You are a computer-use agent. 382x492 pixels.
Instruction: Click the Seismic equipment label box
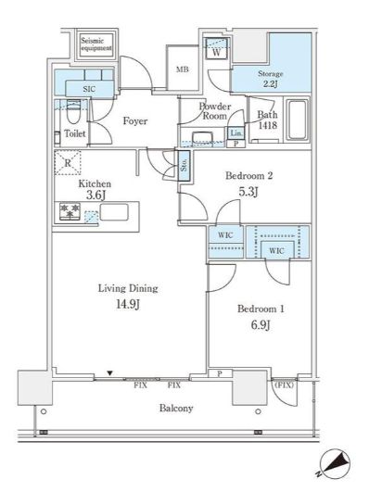tap(96, 44)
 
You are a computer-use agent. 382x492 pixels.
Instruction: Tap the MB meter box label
tap(183, 69)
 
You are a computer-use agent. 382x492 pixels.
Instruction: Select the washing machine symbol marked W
tap(217, 48)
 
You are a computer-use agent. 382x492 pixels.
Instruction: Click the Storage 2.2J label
tap(270, 79)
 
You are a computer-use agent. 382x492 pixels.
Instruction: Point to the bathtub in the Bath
tap(297, 120)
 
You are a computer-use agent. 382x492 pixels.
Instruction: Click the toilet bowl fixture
tap(74, 113)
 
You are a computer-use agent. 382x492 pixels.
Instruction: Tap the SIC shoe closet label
tap(89, 89)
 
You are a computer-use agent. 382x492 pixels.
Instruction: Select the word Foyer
tap(135, 120)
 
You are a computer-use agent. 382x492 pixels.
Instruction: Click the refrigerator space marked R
tap(68, 162)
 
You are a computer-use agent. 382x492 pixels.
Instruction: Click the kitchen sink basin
tap(114, 212)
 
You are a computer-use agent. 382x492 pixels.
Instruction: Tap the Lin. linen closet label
tap(236, 133)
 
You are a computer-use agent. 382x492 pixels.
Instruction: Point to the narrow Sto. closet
tap(184, 165)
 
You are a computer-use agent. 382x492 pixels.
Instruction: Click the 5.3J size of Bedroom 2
tap(248, 191)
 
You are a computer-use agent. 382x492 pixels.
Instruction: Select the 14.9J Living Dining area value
tap(128, 304)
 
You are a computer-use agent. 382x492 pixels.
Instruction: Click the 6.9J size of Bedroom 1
tap(261, 325)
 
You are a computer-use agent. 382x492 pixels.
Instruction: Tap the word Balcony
tap(176, 408)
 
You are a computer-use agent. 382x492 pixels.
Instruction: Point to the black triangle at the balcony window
tap(109, 373)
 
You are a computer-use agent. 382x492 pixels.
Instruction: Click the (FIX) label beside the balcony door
tap(284, 385)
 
